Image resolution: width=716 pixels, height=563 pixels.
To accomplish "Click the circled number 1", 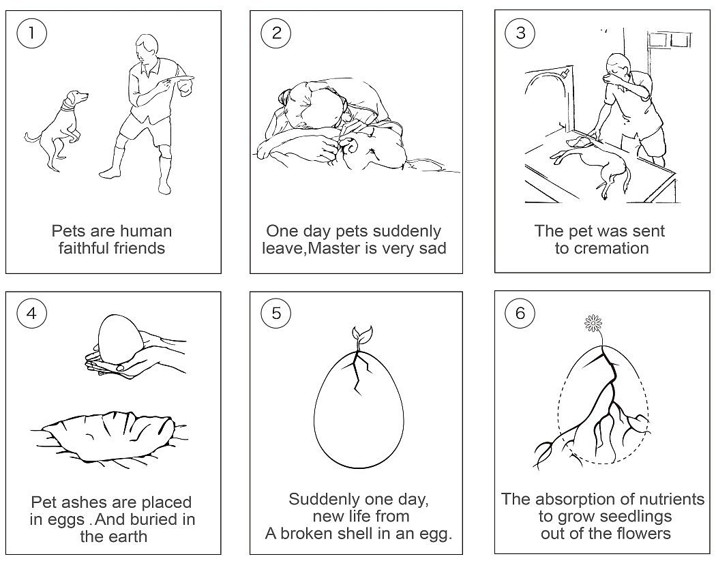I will point(31,33).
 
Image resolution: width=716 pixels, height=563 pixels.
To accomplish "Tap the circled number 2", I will point(275,33).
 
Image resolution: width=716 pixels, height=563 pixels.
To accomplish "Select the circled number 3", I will point(520,33).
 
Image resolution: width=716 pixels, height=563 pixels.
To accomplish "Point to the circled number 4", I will point(31,314).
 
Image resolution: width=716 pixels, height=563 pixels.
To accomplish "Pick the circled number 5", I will point(275,314).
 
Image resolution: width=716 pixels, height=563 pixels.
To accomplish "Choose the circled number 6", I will point(520,314).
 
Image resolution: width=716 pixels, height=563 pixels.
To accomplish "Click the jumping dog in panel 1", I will point(57,130).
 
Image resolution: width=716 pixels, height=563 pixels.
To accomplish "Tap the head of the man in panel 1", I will point(146,52).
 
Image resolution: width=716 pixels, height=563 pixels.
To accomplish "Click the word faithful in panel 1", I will point(84,248).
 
